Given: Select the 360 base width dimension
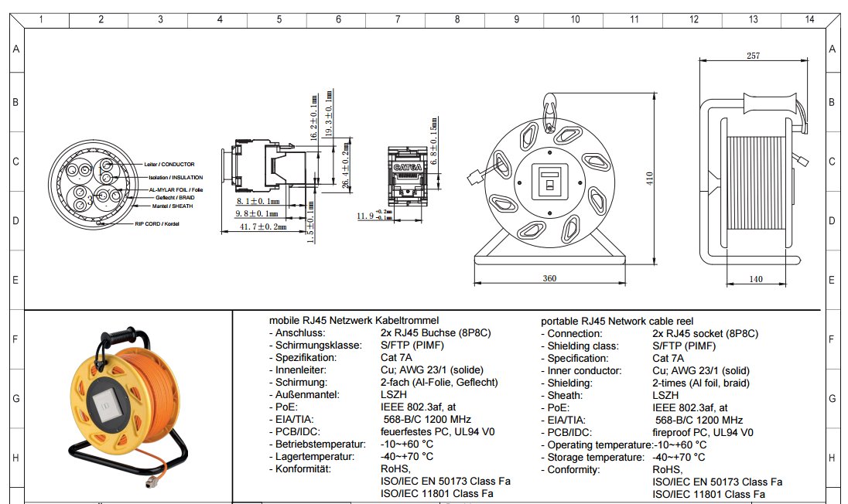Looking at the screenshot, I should [549, 278].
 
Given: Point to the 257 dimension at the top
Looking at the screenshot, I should [753, 56].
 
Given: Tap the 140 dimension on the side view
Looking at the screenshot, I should [755, 278].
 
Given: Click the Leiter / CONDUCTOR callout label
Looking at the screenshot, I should [169, 165].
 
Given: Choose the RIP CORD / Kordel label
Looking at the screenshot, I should [157, 223].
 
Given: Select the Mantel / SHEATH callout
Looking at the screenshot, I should [173, 206].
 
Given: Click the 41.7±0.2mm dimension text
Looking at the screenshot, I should [262, 226].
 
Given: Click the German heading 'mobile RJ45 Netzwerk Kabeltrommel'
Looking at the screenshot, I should [354, 320].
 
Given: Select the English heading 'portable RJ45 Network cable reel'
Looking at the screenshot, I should [617, 321].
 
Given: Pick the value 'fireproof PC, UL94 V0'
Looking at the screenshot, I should [703, 432].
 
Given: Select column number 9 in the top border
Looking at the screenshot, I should [516, 19].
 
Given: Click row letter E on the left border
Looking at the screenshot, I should [15, 280].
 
